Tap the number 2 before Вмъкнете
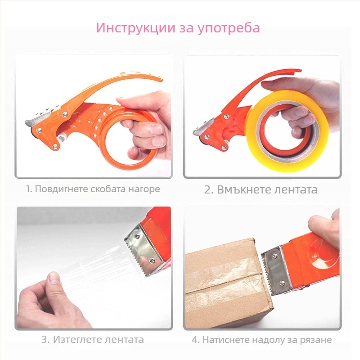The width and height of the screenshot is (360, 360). [x=208, y=189]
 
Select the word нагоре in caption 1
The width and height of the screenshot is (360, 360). [x=146, y=189]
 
